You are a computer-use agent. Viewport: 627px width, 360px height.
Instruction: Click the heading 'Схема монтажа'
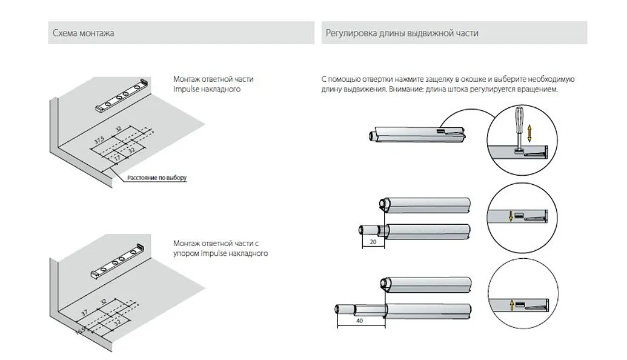pyautogui.click(x=83, y=33)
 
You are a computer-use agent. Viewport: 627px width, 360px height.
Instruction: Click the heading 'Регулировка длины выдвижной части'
pyautogui.click(x=402, y=33)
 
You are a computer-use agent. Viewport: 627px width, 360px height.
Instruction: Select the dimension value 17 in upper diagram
pyautogui.click(x=117, y=158)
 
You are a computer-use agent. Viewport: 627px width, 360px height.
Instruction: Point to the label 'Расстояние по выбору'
pyautogui.click(x=157, y=178)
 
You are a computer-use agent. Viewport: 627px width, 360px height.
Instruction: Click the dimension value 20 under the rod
pyautogui.click(x=373, y=242)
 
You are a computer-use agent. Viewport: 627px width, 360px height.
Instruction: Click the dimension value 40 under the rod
pyautogui.click(x=359, y=321)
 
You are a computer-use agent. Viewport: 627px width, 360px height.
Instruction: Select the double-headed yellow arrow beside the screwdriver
pyautogui.click(x=529, y=133)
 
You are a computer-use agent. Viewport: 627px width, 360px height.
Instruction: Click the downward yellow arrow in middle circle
pyautogui.click(x=511, y=216)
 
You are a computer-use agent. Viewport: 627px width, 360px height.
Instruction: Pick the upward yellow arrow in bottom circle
pyautogui.click(x=511, y=305)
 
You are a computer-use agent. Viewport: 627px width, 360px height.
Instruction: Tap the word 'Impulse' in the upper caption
pyautogui.click(x=185, y=89)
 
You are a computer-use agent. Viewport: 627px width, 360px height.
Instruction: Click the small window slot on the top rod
pyautogui.click(x=440, y=130)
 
